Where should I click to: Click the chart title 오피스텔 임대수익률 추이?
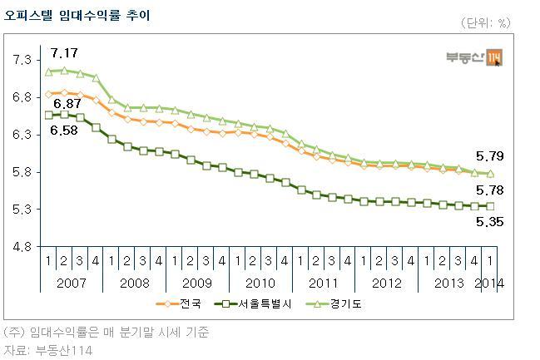click(x=77, y=16)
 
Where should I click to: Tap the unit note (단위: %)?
click(x=485, y=23)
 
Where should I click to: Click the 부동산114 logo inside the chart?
click(x=474, y=57)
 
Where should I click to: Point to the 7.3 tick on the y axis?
click(x=22, y=60)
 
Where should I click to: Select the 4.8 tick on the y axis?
click(x=22, y=247)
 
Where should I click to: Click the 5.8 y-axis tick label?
click(x=22, y=172)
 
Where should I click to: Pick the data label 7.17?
click(x=64, y=53)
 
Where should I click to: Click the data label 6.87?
click(x=67, y=104)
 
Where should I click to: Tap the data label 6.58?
click(x=64, y=130)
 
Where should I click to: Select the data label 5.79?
click(x=490, y=156)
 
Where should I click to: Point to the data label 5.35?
click(x=490, y=222)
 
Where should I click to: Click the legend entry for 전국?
click(x=178, y=304)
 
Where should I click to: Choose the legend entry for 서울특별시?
click(x=253, y=304)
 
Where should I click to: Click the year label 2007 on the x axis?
click(x=72, y=284)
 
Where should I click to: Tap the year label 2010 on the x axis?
click(x=260, y=284)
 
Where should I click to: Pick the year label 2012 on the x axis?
click(x=387, y=284)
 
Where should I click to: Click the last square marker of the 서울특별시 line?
click(x=490, y=206)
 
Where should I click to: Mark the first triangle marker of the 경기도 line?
click(x=48, y=72)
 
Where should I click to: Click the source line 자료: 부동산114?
click(x=48, y=350)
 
